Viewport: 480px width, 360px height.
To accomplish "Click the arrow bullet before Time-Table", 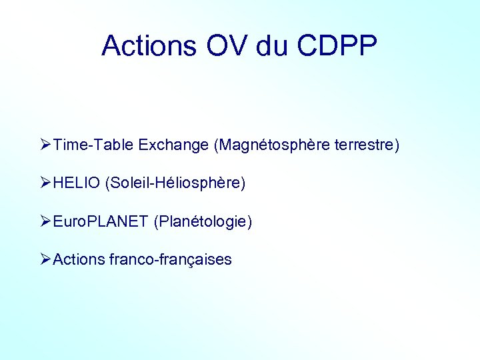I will tap(45, 145).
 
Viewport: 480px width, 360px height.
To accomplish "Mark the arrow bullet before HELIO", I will tap(45, 183).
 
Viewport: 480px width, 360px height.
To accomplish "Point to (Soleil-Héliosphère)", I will tap(175, 183).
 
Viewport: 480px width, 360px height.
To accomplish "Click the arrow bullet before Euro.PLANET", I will tap(45, 221).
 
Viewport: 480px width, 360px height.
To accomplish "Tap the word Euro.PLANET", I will tap(100, 221).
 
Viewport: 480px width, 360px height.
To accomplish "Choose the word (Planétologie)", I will tap(203, 221).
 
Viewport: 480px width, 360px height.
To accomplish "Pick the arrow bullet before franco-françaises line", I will tap(45, 259).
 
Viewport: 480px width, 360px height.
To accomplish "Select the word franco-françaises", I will tap(170, 259).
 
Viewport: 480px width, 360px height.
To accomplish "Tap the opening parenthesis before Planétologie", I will tap(156, 221).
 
